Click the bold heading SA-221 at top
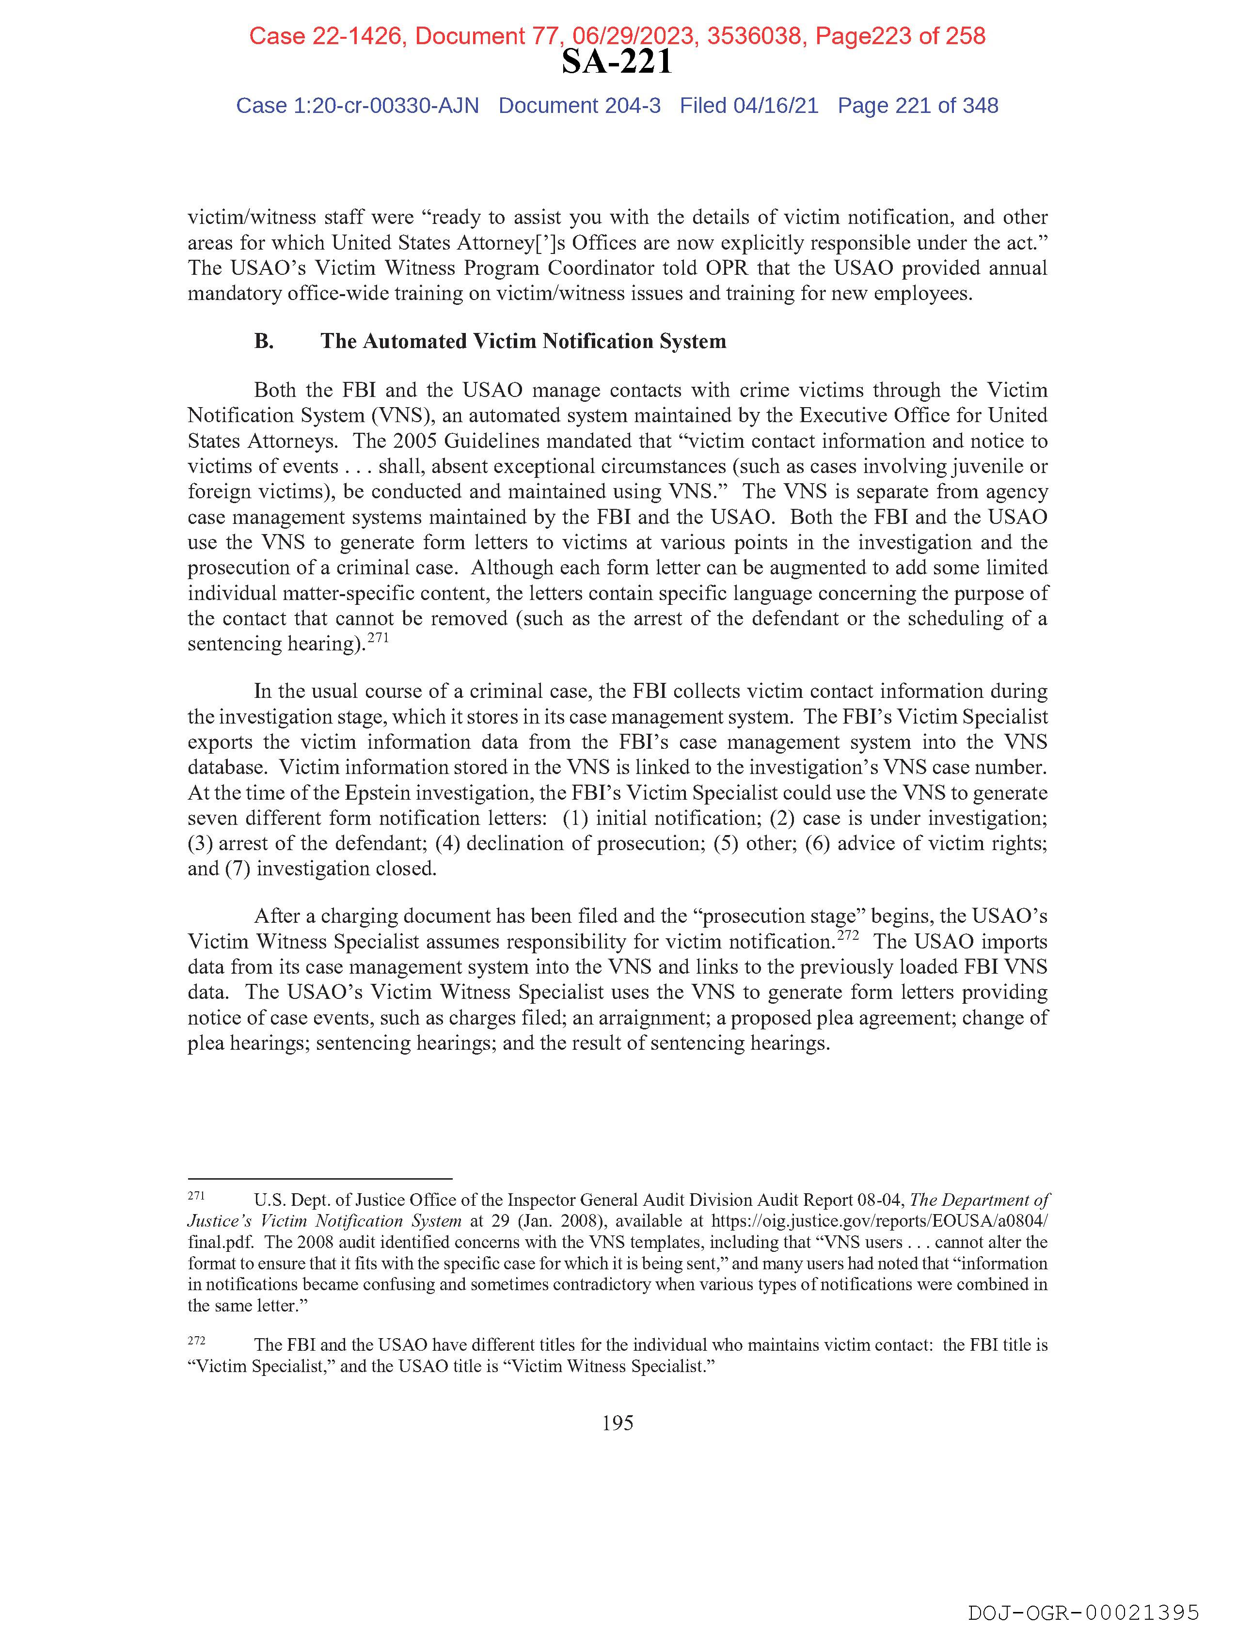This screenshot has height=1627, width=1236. click(x=617, y=62)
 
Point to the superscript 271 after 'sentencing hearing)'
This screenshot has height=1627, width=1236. click(x=378, y=638)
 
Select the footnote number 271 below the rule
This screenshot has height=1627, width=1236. click(x=196, y=1196)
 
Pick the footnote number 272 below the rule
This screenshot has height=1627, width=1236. click(x=196, y=1340)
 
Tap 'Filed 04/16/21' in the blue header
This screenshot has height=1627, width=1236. click(x=748, y=106)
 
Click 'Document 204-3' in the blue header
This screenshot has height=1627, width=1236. click(x=579, y=106)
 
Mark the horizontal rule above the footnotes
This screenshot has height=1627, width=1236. click(x=319, y=1178)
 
